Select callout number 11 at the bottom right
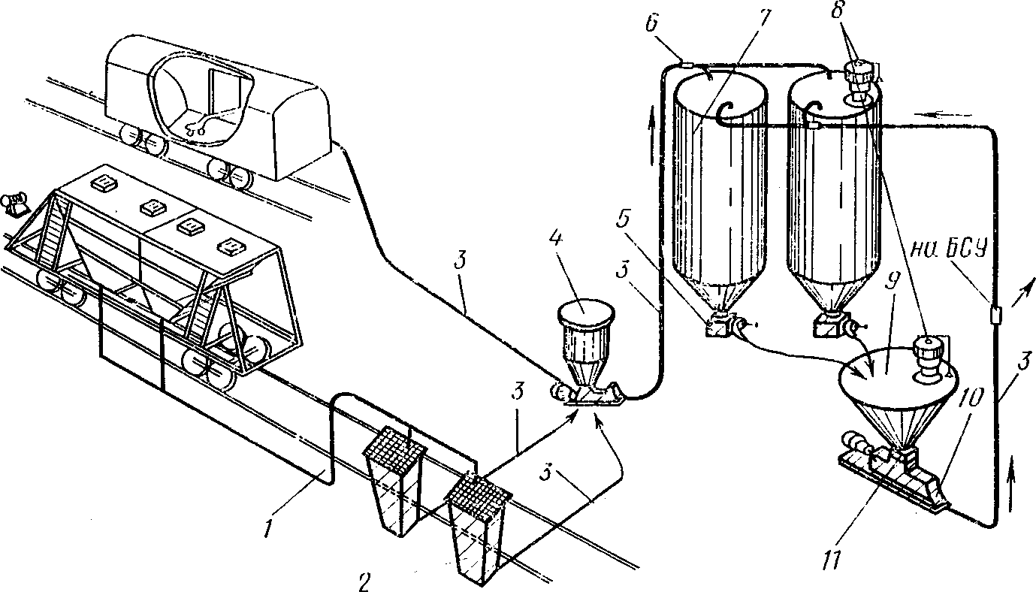coord(833,561)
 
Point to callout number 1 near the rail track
coord(267,527)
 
